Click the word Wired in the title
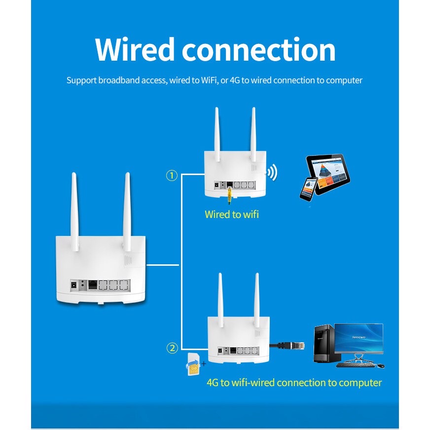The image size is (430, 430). (135, 49)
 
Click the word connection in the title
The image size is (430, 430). (258, 49)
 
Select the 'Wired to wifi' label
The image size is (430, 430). (231, 215)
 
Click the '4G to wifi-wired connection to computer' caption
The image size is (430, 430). (294, 383)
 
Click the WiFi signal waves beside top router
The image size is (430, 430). (272, 173)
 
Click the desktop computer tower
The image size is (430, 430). (323, 344)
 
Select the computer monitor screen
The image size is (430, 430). (358, 337)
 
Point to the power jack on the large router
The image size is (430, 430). (75, 285)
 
